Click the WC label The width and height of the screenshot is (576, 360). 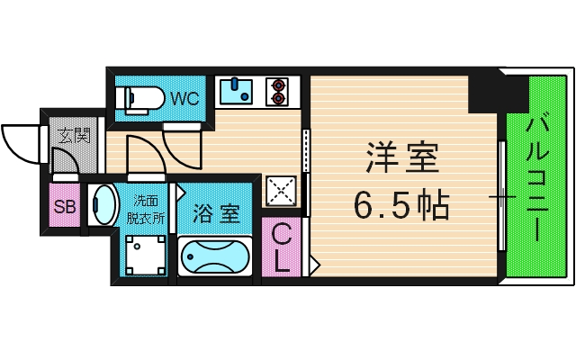pyautogui.click(x=184, y=97)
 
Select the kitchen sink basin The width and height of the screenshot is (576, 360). pyautogui.click(x=239, y=91)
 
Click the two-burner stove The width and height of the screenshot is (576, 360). pyautogui.click(x=277, y=91)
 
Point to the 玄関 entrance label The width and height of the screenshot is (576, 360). pyautogui.click(x=74, y=137)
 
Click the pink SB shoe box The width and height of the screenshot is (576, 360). pyautogui.click(x=65, y=207)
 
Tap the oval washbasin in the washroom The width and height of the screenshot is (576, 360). pyautogui.click(x=103, y=204)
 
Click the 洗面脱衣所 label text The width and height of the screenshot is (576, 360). pyautogui.click(x=147, y=209)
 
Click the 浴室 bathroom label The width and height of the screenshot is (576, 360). pyautogui.click(x=219, y=214)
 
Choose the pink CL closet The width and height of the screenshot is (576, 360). pyautogui.click(x=282, y=248)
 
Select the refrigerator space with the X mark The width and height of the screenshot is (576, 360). pyautogui.click(x=281, y=189)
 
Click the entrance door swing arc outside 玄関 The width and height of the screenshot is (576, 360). pyautogui.click(x=20, y=142)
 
